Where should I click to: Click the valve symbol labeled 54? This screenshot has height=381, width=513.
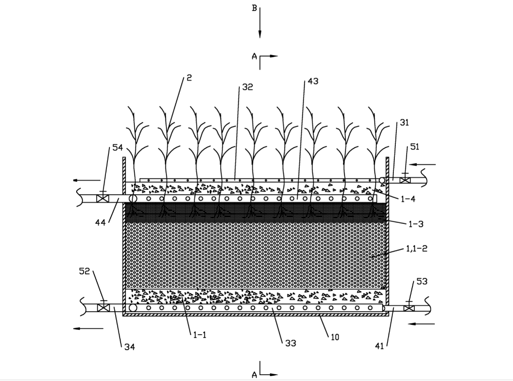(102, 199)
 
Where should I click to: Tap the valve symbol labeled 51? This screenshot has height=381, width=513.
(404, 180)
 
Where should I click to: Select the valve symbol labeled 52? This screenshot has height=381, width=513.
(102, 308)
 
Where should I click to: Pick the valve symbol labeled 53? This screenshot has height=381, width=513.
(409, 308)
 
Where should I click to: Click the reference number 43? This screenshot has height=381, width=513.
(312, 81)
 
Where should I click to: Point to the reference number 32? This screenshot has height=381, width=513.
(247, 88)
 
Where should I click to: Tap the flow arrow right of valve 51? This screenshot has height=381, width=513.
(422, 164)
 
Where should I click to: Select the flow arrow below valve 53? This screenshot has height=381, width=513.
(422, 323)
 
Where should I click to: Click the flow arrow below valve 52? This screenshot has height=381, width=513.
(88, 328)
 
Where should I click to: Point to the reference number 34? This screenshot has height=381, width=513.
(129, 347)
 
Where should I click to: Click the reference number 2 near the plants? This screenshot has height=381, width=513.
(189, 78)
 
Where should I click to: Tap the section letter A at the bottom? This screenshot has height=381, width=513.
(254, 374)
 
